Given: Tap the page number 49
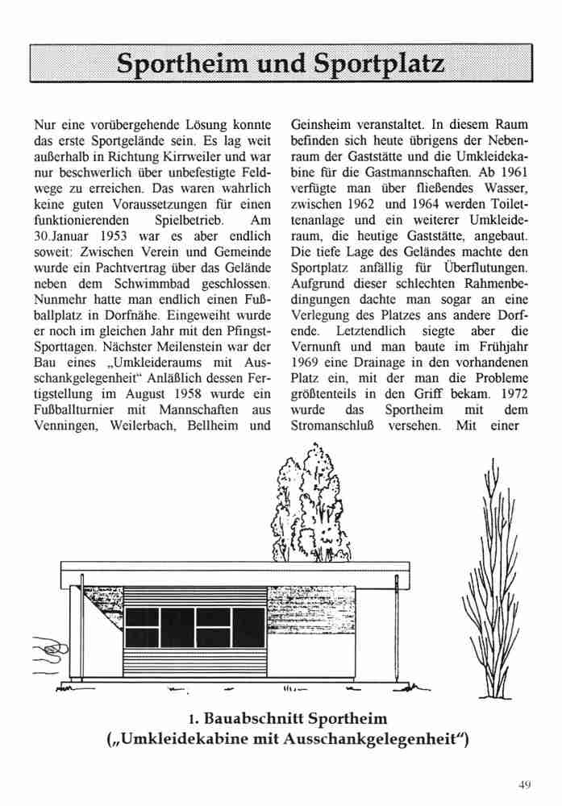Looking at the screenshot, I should point(527,783).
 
